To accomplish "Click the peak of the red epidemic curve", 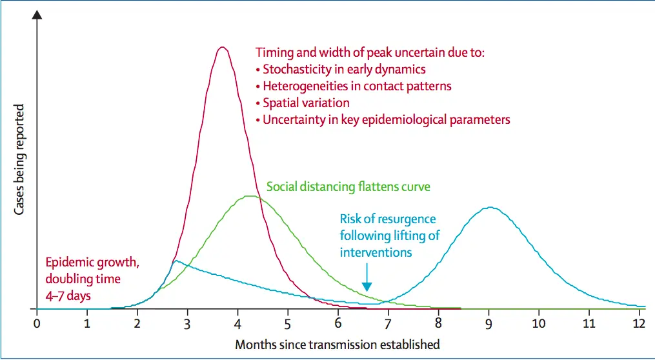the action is click(x=222, y=47).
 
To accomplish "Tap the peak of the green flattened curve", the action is click(x=250, y=196).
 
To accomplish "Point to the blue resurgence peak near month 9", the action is click(x=490, y=207).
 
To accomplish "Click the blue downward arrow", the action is click(x=367, y=277).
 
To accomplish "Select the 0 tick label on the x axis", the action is click(x=37, y=324).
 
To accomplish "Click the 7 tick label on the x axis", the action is click(x=388, y=324).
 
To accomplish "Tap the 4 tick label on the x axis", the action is click(x=237, y=324).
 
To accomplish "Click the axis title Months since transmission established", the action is click(x=338, y=345).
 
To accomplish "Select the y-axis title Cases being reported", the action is click(x=19, y=159).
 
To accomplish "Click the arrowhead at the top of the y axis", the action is click(x=37, y=14).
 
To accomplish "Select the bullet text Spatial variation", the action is click(x=306, y=103).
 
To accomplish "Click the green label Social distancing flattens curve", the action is click(x=348, y=186).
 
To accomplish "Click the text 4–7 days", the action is click(x=68, y=295).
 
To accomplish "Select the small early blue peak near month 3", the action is click(x=176, y=261).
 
